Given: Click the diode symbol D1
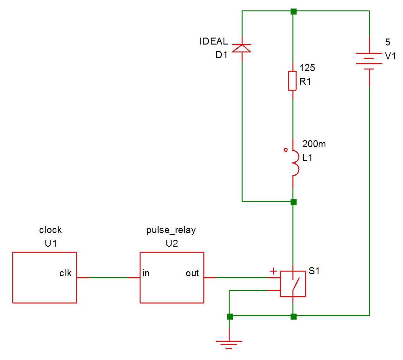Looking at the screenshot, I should [x=242, y=48].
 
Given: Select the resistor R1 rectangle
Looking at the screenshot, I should [x=292, y=81].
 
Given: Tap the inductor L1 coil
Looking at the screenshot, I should [x=295, y=163].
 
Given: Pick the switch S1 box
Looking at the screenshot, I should [x=293, y=284].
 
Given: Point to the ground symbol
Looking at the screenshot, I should [x=229, y=344].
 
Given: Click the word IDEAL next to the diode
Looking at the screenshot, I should [x=213, y=41].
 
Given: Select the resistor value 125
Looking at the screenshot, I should [x=307, y=68].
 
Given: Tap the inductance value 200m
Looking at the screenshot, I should [x=314, y=144].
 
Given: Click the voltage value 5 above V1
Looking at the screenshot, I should [x=388, y=42].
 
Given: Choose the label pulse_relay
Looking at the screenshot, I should [x=171, y=230].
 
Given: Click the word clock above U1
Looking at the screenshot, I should [x=51, y=230].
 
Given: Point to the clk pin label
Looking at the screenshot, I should [x=65, y=273].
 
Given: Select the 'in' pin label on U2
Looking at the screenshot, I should [x=146, y=273].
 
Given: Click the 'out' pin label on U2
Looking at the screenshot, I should [x=192, y=273].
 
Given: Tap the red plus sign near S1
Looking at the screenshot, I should [x=274, y=271].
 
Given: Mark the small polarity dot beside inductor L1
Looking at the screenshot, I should [x=286, y=150].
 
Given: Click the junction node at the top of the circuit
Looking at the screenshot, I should [x=293, y=12].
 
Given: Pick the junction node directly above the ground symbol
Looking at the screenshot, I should [x=230, y=316].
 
